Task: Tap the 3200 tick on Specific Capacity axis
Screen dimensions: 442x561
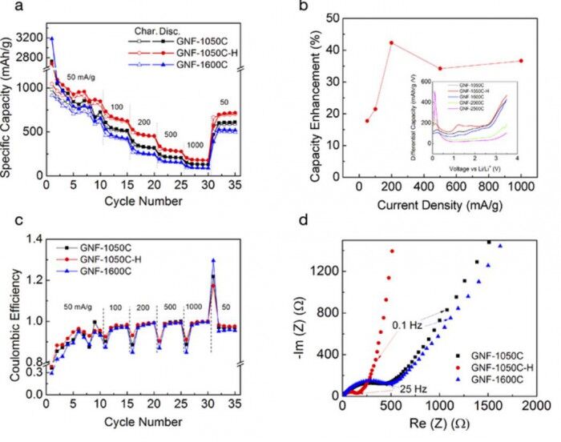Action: (x=26, y=38)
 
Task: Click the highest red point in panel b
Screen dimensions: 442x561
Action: (x=392, y=42)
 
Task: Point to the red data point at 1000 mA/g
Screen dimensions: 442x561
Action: (x=522, y=61)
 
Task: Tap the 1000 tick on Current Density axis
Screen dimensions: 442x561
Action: (x=522, y=190)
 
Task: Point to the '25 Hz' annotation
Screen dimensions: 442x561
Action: (x=414, y=388)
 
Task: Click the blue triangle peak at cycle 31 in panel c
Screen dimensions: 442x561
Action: (x=213, y=259)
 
